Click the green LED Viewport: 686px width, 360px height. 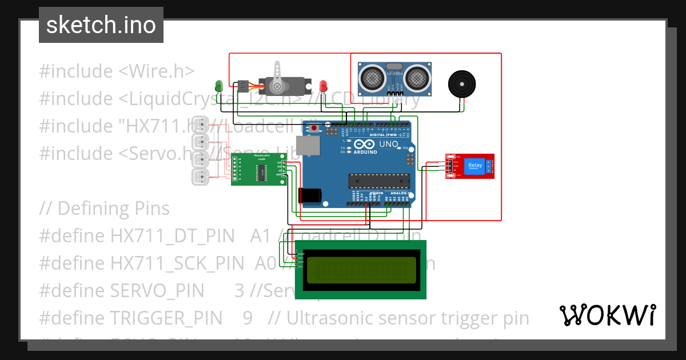tap(218, 86)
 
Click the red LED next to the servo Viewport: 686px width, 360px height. tap(324, 86)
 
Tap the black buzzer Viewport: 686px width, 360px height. tap(462, 84)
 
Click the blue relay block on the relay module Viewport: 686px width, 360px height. tap(475, 166)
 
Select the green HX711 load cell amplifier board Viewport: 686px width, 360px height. tap(259, 170)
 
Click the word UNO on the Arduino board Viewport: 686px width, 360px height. tap(388, 145)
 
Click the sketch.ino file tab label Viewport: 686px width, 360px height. tap(101, 25)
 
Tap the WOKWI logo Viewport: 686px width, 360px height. tap(607, 315)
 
